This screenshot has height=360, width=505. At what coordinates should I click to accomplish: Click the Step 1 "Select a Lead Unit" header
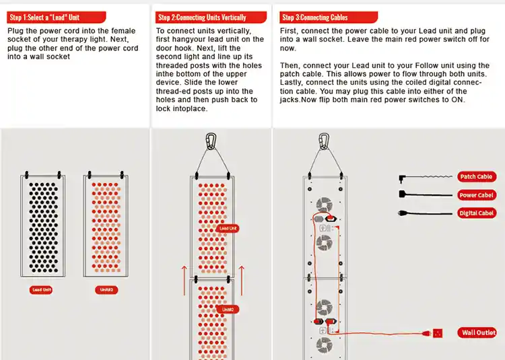point(45,17)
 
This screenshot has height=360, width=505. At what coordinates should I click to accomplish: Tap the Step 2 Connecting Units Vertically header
point(202,17)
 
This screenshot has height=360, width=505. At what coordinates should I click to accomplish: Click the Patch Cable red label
point(477,177)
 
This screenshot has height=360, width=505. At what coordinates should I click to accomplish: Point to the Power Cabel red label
point(477,195)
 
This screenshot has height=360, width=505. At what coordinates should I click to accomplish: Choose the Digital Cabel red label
point(477,213)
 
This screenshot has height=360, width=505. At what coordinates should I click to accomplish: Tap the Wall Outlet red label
point(479,332)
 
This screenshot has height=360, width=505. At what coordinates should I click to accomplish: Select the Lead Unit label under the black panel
point(42,290)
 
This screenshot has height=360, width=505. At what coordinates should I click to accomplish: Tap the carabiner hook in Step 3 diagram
point(324,141)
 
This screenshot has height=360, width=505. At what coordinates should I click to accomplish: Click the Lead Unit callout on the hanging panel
point(228,228)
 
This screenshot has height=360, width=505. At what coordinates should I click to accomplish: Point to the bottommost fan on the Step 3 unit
point(324,346)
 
